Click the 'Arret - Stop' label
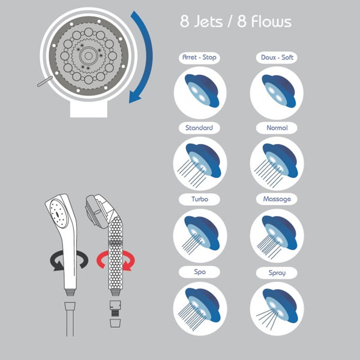199,58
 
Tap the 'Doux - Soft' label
277,58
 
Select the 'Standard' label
199,128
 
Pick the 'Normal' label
277,128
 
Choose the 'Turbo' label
199,199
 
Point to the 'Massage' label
277,199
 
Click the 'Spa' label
199,272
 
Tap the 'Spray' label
277,273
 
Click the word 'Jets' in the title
208,22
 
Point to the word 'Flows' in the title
271,22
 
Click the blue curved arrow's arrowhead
135,97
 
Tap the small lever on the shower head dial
44,82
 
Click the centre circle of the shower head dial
88,56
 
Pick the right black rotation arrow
82,259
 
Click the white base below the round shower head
89,109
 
